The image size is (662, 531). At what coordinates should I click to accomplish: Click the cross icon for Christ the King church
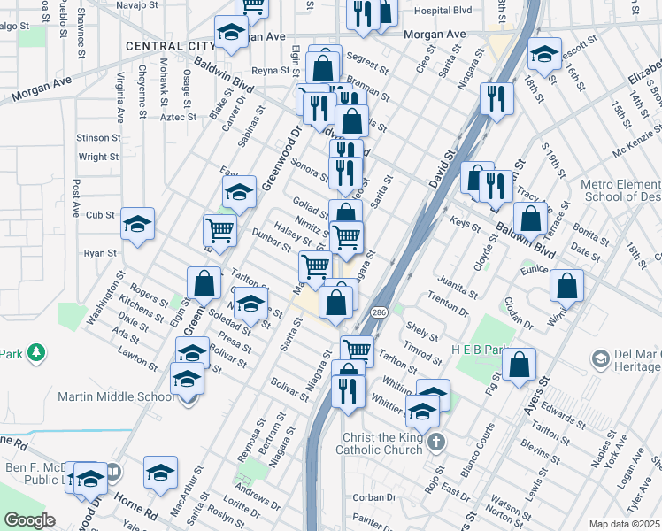click(435, 442)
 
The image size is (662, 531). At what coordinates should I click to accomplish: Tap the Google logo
click(29, 520)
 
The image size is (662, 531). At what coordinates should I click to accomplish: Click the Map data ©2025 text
click(624, 524)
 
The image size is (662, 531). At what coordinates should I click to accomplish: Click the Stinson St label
click(98, 138)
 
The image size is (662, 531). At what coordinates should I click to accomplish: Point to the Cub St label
click(100, 215)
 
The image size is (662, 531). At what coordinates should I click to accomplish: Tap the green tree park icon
click(36, 354)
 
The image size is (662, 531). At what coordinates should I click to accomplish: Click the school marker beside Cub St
click(137, 225)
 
